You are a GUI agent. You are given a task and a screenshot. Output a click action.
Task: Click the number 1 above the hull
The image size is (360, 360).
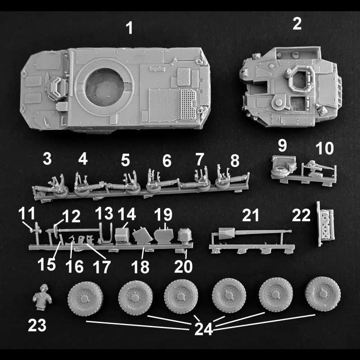130,28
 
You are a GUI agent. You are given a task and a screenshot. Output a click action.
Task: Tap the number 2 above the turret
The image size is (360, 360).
297,24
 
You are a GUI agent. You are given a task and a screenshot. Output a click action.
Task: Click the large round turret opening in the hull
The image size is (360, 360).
105,87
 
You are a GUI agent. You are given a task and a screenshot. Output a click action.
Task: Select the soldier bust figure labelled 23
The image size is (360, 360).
42,297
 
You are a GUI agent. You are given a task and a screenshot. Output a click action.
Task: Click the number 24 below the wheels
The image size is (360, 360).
203,329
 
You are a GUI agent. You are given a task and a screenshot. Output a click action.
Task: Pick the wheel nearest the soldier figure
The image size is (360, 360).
85,299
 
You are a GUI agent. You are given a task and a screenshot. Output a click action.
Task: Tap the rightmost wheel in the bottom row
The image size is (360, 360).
323,294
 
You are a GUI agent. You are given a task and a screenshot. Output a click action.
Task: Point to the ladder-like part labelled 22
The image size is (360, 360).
326,224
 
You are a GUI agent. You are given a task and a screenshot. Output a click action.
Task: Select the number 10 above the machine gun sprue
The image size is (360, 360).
324,148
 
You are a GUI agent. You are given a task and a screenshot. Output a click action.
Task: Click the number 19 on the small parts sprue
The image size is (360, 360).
163,215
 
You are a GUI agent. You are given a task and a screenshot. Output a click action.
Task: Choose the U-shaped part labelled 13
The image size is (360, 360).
105,233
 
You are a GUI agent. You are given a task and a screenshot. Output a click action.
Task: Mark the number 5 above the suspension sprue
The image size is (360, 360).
126,160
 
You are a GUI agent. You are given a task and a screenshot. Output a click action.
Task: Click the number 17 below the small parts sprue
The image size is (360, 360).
102,266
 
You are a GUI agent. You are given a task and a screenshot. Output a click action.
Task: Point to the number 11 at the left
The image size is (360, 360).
27,213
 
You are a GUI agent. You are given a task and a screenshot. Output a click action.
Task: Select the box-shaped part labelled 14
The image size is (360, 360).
121,235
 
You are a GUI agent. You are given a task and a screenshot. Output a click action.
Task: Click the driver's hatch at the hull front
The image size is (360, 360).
57,88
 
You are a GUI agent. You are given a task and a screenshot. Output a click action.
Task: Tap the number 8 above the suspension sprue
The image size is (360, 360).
235,161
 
